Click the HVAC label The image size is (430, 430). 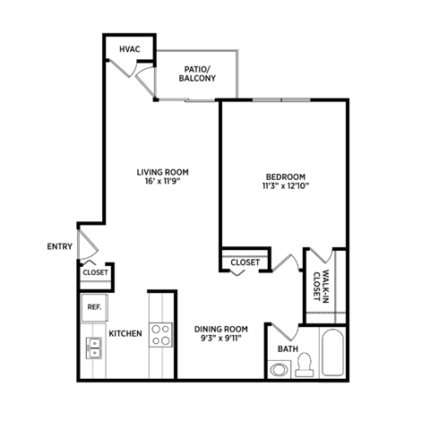point(130,47)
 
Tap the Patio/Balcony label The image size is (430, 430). point(197,73)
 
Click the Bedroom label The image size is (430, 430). point(286,176)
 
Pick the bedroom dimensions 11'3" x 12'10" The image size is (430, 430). point(286,187)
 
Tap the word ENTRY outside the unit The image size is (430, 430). point(59,246)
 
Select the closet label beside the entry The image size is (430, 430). point(95,272)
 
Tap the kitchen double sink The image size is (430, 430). point(92,348)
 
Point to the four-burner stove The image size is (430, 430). point(161,334)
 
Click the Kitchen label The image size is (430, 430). point(125,334)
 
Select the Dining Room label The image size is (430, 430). point(220,329)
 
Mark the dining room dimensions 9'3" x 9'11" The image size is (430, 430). point(220,340)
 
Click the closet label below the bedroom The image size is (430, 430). point(245,262)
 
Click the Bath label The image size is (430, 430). point(287,349)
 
